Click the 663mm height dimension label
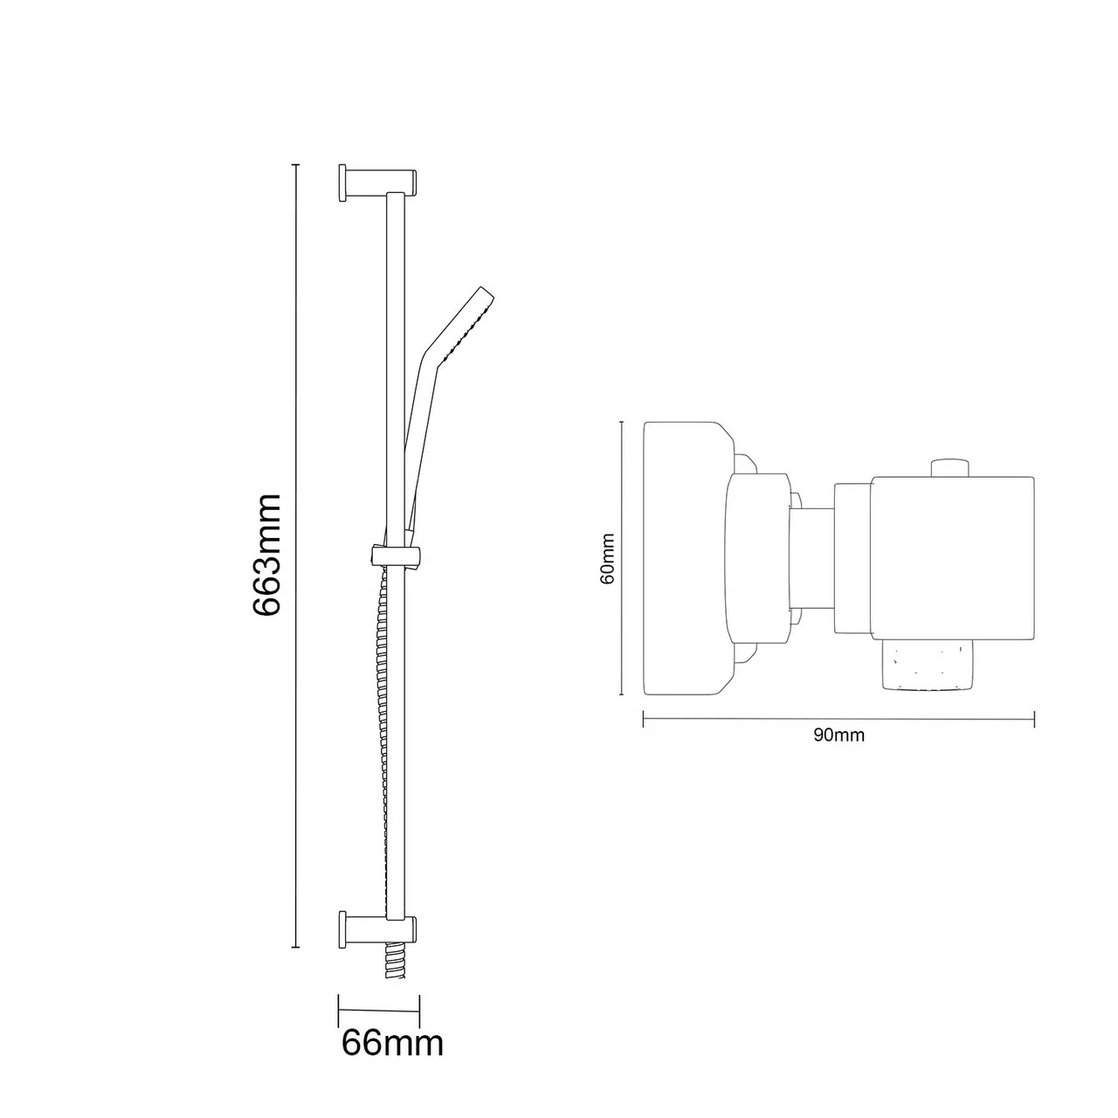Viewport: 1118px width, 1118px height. tap(266, 556)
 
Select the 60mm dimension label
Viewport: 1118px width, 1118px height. tap(608, 558)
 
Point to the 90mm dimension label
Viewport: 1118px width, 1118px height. tap(838, 735)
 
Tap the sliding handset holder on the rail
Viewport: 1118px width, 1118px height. tap(395, 555)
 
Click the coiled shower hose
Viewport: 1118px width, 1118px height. tap(380, 742)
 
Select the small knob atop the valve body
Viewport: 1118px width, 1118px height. tap(950, 467)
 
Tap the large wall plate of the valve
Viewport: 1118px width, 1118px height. tap(685, 559)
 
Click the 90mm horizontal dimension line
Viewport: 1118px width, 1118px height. tap(838, 719)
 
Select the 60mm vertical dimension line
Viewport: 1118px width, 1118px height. tap(621, 559)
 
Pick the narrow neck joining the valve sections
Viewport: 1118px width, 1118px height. tap(811, 559)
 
